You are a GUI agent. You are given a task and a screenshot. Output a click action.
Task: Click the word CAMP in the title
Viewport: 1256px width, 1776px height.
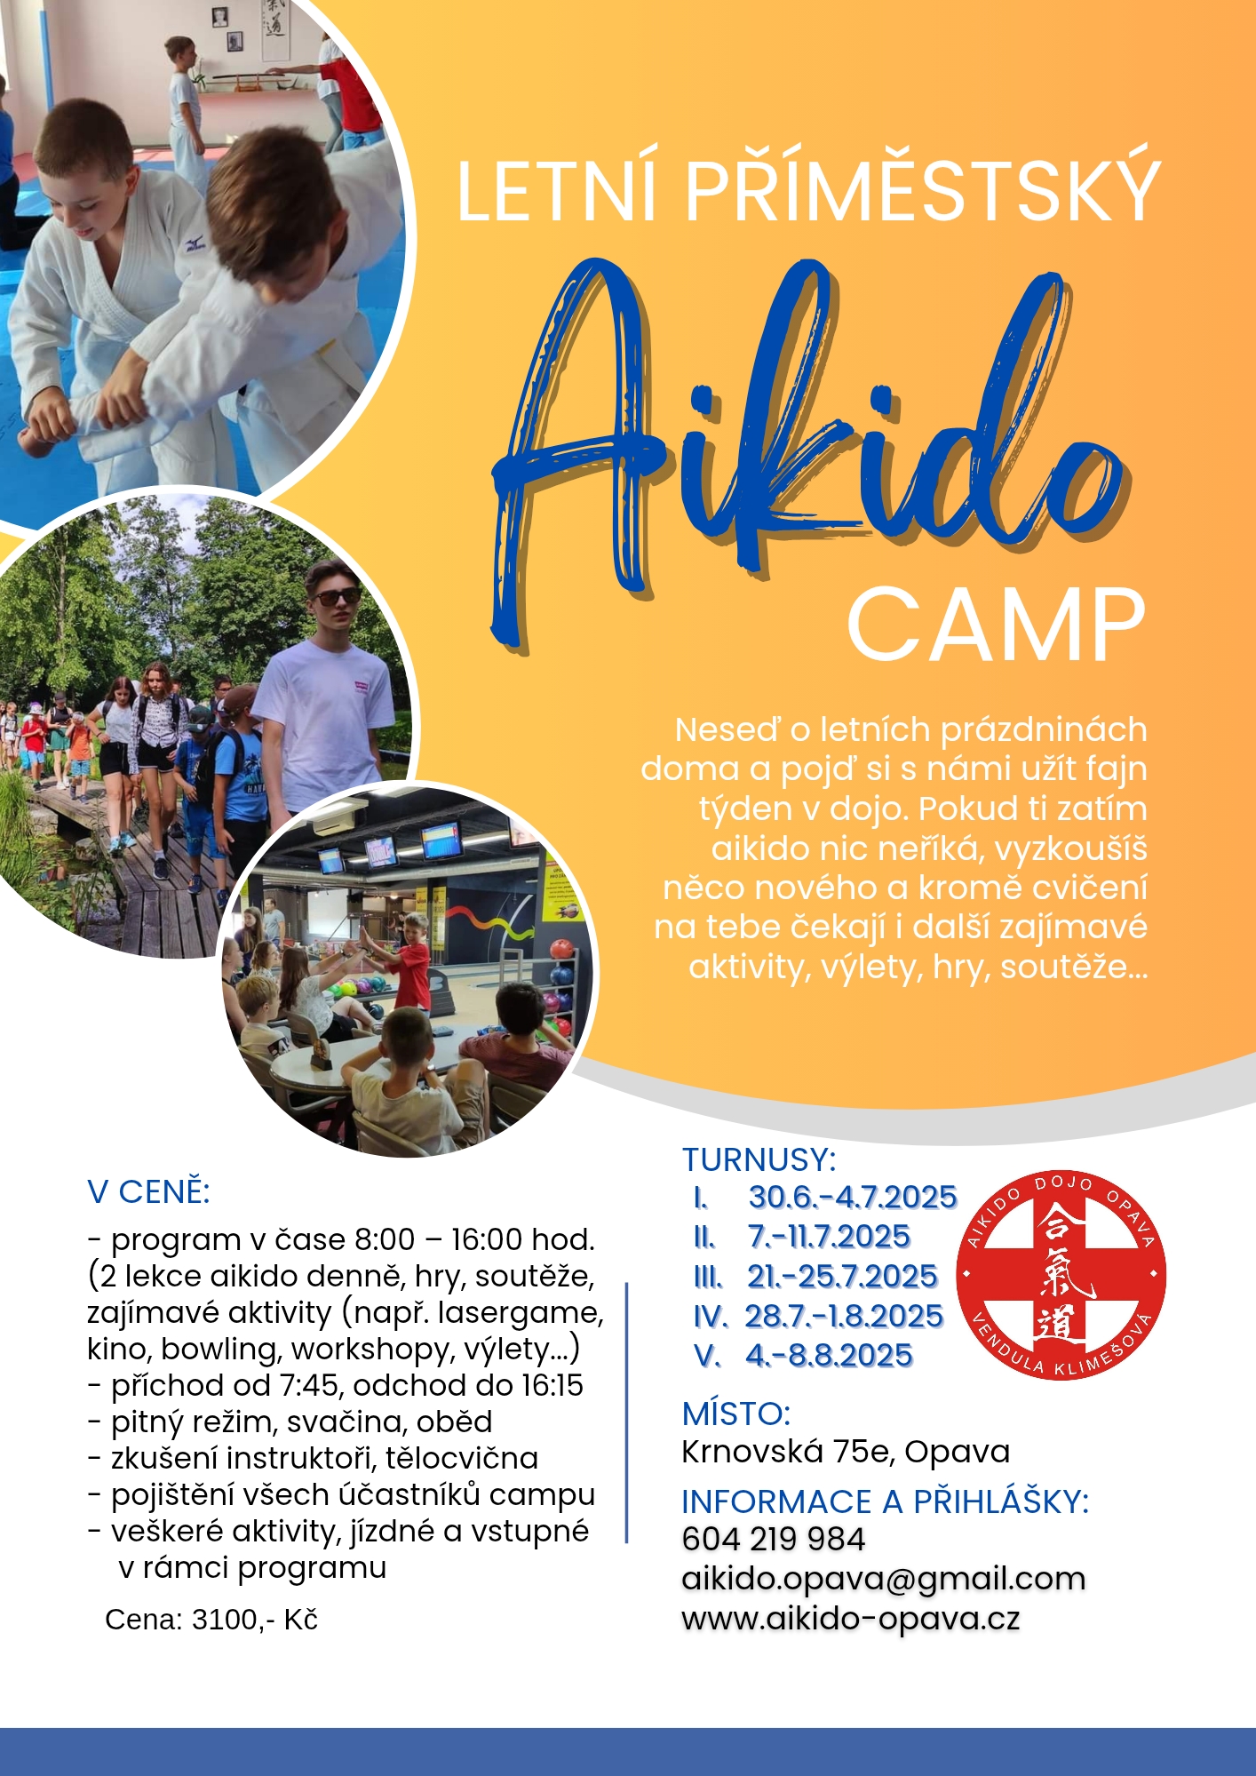click(996, 625)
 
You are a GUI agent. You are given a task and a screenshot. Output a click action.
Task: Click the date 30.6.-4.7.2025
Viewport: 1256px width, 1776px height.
click(852, 1198)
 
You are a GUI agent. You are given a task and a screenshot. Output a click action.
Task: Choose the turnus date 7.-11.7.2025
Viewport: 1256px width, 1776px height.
click(829, 1237)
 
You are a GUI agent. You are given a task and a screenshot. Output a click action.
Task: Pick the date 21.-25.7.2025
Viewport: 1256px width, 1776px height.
click(841, 1277)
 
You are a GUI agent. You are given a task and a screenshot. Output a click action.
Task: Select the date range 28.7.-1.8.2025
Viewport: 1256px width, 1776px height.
click(843, 1316)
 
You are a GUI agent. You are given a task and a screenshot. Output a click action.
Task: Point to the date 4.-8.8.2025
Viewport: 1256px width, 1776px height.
click(829, 1356)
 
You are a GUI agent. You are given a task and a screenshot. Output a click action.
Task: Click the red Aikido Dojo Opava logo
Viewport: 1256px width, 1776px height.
click(1061, 1275)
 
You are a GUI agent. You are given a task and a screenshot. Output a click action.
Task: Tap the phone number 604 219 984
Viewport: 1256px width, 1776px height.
click(773, 1540)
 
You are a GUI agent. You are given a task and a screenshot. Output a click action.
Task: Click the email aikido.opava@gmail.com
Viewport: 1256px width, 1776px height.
click(883, 1579)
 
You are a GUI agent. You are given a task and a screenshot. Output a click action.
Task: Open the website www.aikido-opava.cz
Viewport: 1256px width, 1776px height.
click(850, 1619)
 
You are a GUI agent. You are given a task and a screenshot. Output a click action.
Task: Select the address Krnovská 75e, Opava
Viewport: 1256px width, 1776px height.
click(846, 1452)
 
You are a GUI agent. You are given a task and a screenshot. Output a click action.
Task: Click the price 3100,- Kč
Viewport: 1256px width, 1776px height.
click(255, 1620)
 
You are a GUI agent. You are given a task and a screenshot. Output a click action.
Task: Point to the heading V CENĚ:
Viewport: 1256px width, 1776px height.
click(148, 1192)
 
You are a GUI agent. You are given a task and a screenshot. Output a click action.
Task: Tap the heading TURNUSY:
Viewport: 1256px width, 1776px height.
click(759, 1160)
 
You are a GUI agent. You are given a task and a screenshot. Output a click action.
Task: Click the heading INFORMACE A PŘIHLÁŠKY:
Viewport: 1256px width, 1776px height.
click(885, 1501)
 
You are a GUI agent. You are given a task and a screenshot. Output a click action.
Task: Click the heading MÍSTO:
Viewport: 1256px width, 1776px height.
click(735, 1414)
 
